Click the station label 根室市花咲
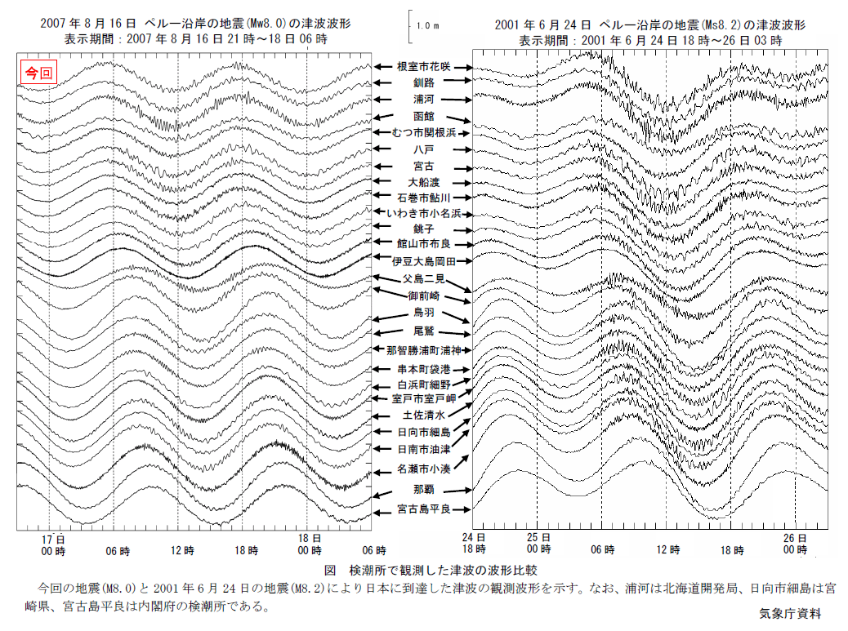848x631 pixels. click(423, 66)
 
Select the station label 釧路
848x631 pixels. click(423, 82)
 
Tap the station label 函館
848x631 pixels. click(423, 117)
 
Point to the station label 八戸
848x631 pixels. click(423, 149)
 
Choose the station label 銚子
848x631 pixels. click(423, 229)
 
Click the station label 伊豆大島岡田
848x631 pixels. click(422, 261)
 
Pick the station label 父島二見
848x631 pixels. click(423, 279)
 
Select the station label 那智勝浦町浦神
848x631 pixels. click(423, 351)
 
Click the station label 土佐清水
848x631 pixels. click(423, 415)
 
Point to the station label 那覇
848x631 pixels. click(423, 490)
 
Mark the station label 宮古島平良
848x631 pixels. click(422, 509)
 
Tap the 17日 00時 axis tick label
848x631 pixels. click(53, 544)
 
